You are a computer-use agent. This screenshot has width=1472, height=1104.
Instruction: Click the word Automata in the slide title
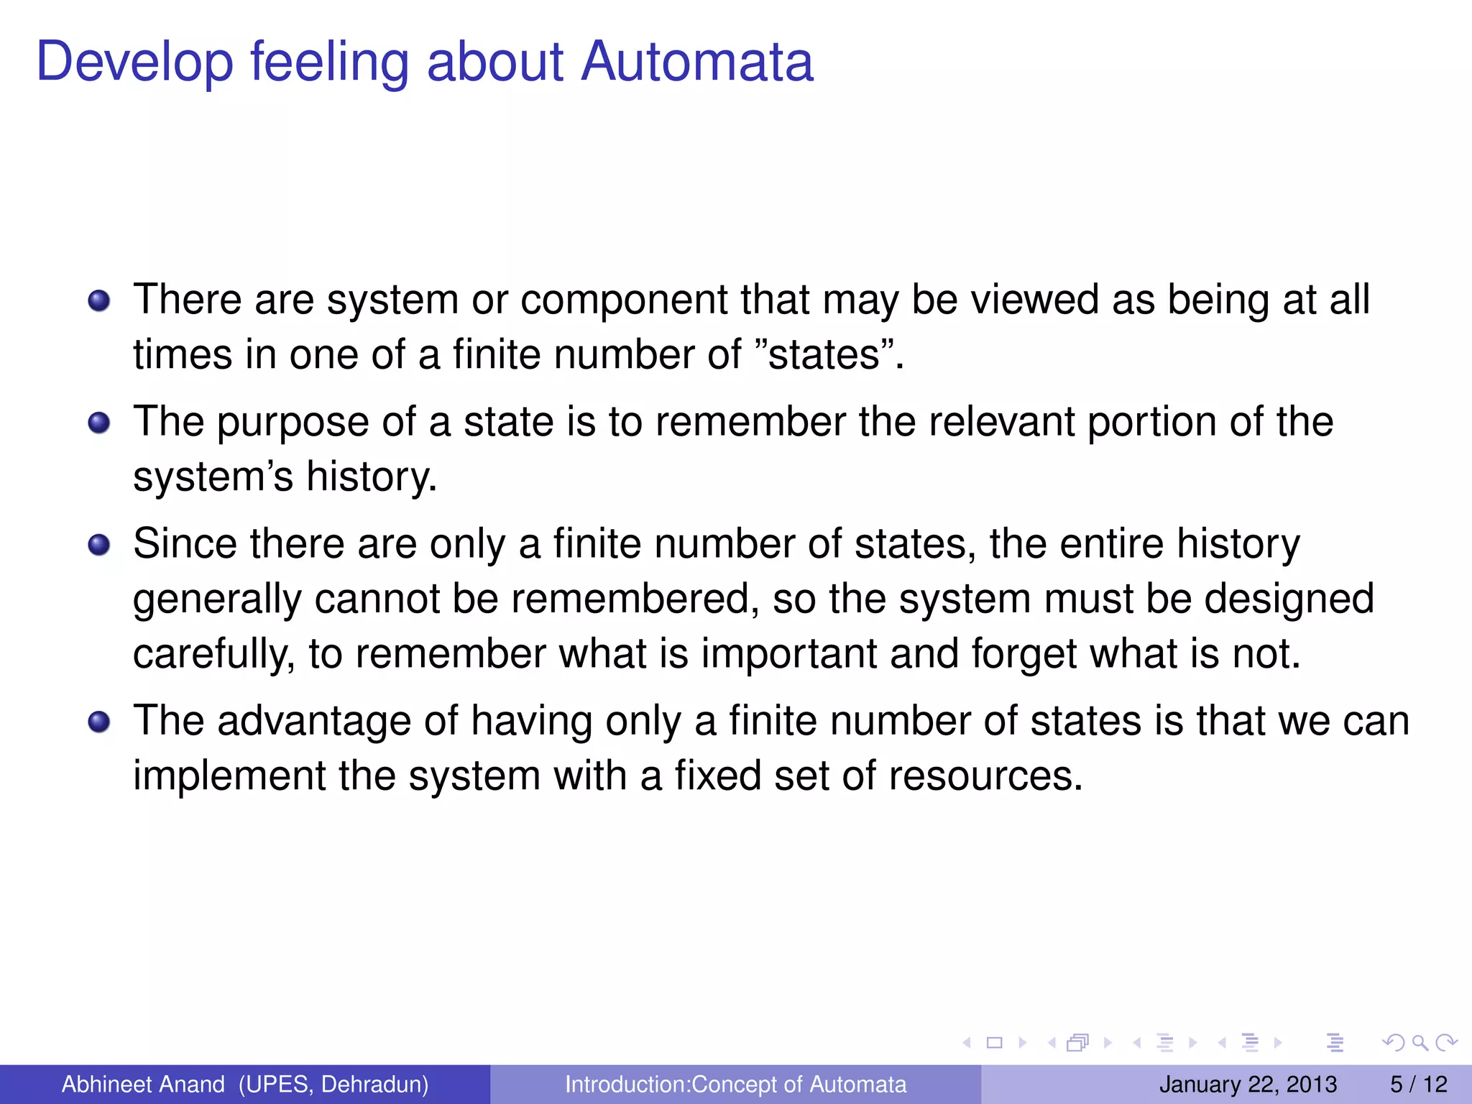click(x=696, y=62)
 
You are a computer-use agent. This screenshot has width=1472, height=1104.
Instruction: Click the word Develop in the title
click(x=134, y=63)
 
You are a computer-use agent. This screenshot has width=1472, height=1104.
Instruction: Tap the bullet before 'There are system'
click(x=99, y=300)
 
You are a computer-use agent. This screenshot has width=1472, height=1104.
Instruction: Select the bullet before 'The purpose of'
click(x=99, y=423)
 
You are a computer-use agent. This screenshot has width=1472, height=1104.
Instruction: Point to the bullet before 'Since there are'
click(x=99, y=545)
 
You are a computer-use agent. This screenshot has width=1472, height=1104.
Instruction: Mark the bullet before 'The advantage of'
click(x=99, y=722)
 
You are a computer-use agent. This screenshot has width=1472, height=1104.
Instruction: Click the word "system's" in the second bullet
click(x=213, y=477)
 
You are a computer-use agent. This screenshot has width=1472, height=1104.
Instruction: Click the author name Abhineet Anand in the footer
click(x=143, y=1084)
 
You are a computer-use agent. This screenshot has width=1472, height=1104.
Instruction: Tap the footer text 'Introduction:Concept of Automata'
click(x=735, y=1084)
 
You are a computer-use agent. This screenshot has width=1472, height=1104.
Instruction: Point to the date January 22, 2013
click(x=1248, y=1084)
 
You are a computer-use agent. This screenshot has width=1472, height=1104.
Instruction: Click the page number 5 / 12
click(x=1418, y=1084)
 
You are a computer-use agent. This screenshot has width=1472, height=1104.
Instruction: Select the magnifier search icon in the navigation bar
click(x=1419, y=1042)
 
